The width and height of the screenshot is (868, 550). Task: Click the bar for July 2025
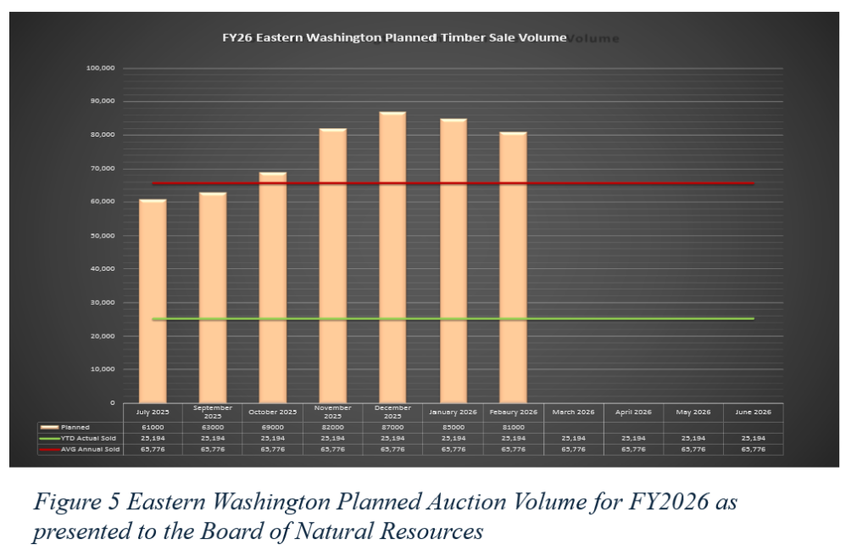[x=153, y=301]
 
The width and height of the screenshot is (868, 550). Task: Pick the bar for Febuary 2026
[x=513, y=267]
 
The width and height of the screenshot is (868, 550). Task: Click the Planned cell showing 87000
[x=392, y=427]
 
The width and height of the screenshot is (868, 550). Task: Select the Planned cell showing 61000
[x=153, y=427]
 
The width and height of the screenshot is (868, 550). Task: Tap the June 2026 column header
[x=754, y=412]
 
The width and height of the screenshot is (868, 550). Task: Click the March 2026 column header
[x=573, y=412]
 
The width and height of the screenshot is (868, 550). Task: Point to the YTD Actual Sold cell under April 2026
[x=633, y=438]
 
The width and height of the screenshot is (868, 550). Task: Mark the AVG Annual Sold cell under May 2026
[x=693, y=449]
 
